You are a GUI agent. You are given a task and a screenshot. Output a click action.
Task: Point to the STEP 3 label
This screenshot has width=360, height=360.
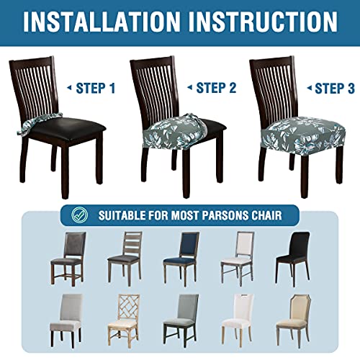click(x=336, y=88)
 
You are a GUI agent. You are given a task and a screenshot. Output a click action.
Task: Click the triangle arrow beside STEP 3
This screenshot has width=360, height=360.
click(x=307, y=88)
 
